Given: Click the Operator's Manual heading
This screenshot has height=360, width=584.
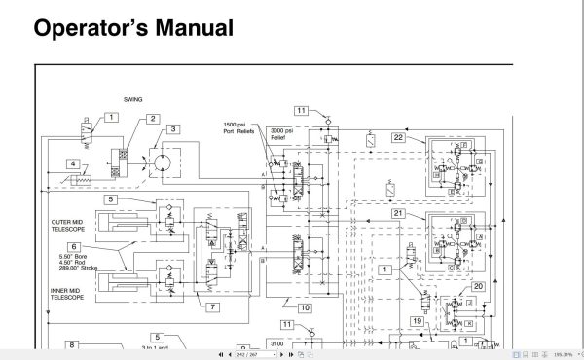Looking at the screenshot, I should pos(133,28).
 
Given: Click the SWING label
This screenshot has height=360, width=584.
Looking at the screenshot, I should pos(132,98).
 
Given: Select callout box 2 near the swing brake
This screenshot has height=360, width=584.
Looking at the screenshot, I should pos(153,120).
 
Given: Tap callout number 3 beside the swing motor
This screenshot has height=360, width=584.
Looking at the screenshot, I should pos(172,128).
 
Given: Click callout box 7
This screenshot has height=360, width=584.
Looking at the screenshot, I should pos(211,308).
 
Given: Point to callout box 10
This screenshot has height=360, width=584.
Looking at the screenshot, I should pos(305,308).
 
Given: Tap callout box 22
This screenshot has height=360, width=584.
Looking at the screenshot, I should pos(398,138).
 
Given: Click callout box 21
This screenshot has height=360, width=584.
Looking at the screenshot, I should pos(398,213).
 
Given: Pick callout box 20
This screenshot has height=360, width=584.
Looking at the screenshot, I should pos(478,286).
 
